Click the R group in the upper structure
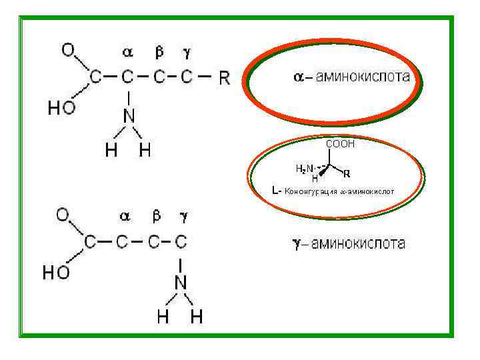coord(224,78)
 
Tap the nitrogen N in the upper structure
coord(129,116)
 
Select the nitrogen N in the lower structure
coord(181,283)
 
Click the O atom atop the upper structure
coord(68,49)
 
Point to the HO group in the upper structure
coord(61,109)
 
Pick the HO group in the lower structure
coord(56,273)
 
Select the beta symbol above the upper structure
coord(159,51)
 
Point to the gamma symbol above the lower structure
coord(184,216)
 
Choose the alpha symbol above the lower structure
coord(125,216)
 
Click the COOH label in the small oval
coord(340,144)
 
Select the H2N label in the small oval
coord(304,169)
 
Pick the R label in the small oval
coord(346,174)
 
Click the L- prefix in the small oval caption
coord(277,191)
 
